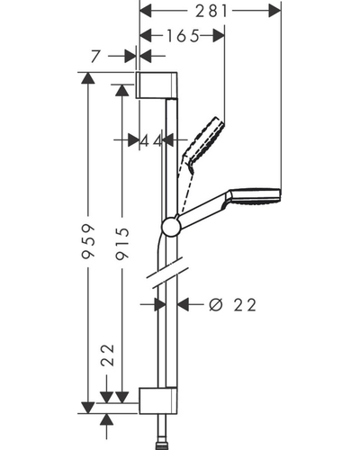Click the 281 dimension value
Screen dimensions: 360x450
coord(211,12)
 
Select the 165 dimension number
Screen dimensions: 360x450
coord(183,36)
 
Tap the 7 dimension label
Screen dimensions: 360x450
coord(95,56)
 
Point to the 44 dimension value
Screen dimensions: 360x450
coord(151,140)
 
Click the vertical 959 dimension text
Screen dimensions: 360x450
coord(88,241)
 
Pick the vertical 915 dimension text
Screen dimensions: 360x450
coord(122,243)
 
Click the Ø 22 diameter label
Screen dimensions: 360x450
coord(233,305)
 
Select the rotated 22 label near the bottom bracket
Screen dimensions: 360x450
coord(108,355)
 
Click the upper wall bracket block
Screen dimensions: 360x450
coord(157,85)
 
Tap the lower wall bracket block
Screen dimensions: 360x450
coord(157,400)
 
